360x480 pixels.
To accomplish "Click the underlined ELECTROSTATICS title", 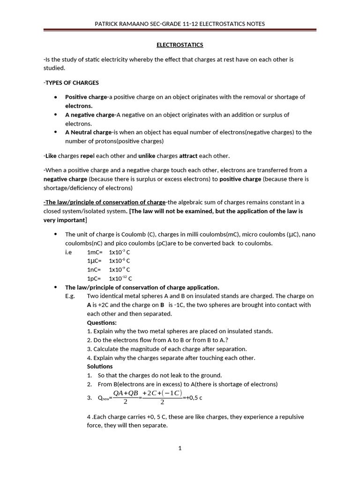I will click(x=180, y=45).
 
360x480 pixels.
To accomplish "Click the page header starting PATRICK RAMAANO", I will click(x=180, y=24).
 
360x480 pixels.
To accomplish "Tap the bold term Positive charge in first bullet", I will click(x=86, y=97).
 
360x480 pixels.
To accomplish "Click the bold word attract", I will click(x=188, y=156).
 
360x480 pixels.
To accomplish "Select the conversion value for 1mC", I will click(x=120, y=252).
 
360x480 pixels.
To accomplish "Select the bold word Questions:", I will click(x=102, y=322).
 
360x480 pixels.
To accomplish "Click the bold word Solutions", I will click(x=100, y=366).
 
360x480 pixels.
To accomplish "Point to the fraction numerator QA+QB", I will click(x=126, y=393).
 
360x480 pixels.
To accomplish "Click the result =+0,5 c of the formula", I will click(x=193, y=398).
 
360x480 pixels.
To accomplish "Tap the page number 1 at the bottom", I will click(x=180, y=448).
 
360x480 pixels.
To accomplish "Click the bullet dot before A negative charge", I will click(x=56, y=115).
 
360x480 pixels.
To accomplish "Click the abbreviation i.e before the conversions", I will click(x=69, y=252).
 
